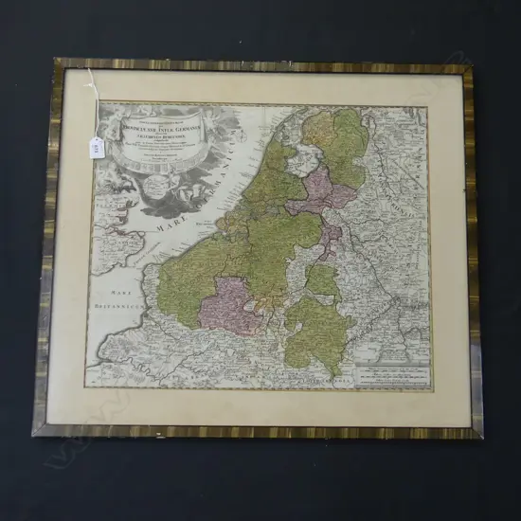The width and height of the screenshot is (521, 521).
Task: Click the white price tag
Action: pos(97,144)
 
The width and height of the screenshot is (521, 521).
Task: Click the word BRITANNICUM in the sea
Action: pos(117,309)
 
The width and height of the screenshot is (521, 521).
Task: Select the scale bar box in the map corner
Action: pos(388,375)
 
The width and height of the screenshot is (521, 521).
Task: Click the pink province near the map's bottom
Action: pos(228,303)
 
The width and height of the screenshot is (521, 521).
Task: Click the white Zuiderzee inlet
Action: pos(285,175)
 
